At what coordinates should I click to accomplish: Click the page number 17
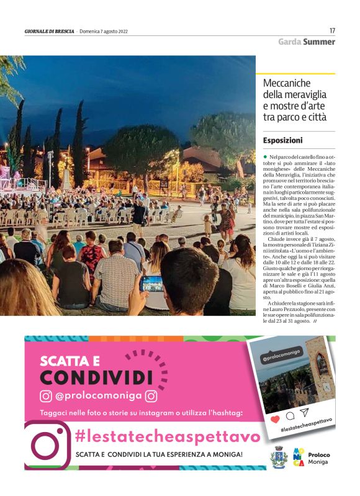click(x=332, y=30)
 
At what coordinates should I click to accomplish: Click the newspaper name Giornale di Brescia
click(x=50, y=32)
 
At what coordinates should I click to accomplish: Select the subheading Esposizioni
click(x=282, y=140)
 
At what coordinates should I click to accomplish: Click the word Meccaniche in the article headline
click(x=286, y=83)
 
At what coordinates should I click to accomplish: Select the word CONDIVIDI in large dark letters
click(x=96, y=377)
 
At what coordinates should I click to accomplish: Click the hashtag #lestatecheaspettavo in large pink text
click(x=167, y=436)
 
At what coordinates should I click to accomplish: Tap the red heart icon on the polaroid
click(x=275, y=420)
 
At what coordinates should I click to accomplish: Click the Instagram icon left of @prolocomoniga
click(x=46, y=396)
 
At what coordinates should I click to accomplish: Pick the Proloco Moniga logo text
click(x=318, y=459)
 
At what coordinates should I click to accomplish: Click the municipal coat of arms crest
click(x=279, y=459)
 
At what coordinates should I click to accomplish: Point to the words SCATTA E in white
click(x=70, y=360)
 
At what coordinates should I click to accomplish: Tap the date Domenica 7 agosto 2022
click(x=104, y=32)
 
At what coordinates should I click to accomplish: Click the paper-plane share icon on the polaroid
click(x=304, y=412)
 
